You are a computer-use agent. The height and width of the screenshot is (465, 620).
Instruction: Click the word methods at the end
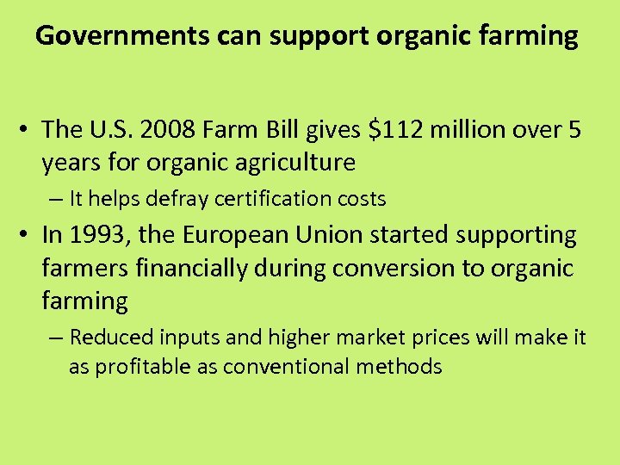coord(404,367)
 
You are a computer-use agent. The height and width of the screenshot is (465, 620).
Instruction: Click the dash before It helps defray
coord(56,199)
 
